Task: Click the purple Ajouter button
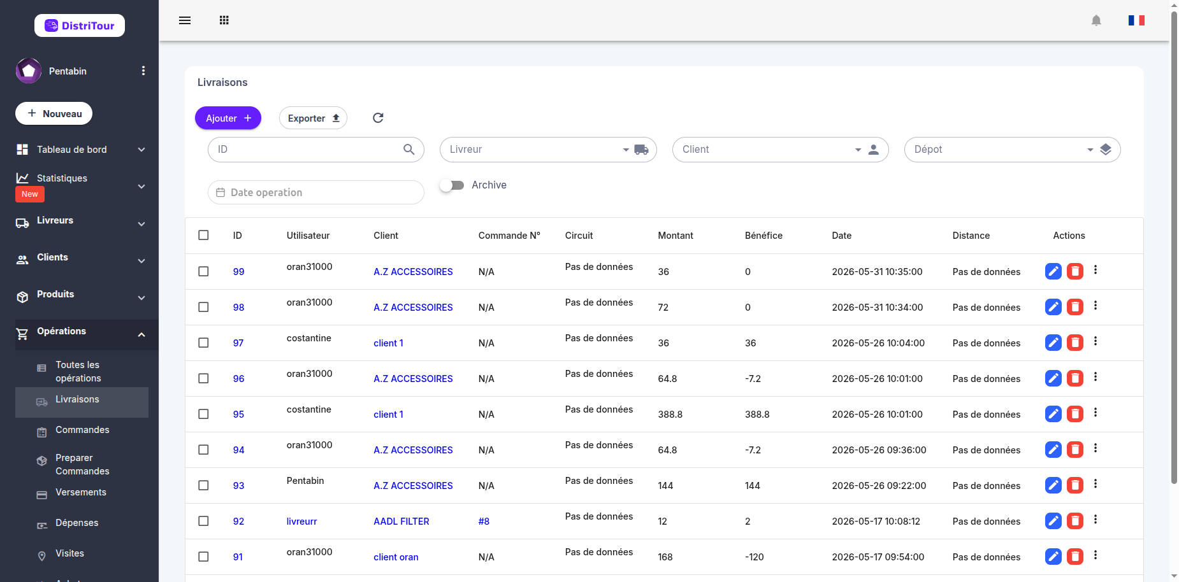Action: coord(228,118)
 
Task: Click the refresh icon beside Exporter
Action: coord(378,118)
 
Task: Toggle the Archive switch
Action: coord(452,185)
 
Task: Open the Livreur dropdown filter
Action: coord(548,150)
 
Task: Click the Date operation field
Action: coord(316,192)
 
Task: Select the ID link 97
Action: coord(238,343)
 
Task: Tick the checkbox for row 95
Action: coord(203,414)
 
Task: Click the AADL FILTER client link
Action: coord(401,522)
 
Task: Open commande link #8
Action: coord(484,522)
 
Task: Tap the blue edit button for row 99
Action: coord(1053,271)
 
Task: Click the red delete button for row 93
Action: coord(1075,485)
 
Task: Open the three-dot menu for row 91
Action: coord(1096,555)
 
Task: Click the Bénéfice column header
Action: coord(763,236)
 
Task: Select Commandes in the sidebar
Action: coord(82,430)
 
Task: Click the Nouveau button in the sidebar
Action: coord(54,113)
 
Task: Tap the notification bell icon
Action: coord(1096,20)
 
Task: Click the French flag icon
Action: coord(1136,20)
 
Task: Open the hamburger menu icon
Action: coord(185,20)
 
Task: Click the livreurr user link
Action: coord(301,522)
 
